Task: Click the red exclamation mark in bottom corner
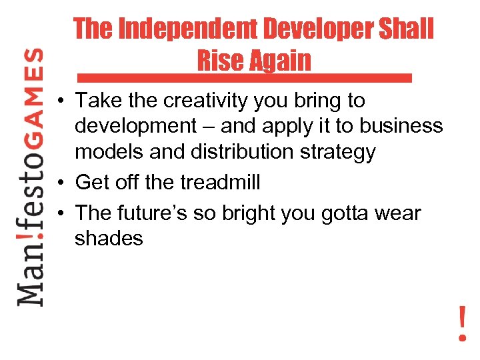pyautogui.click(x=462, y=323)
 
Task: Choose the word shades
pyautogui.click(x=109, y=239)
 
